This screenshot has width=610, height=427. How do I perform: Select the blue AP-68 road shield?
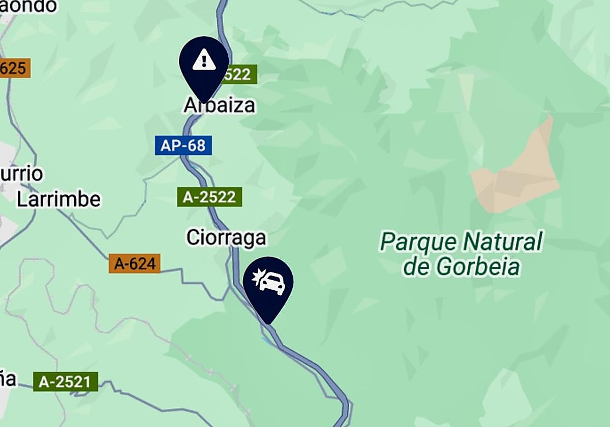(x=183, y=146)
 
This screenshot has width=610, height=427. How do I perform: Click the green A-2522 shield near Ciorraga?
(x=209, y=197)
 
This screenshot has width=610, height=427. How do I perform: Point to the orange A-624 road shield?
(x=134, y=264)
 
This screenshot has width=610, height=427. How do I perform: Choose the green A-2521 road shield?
(x=65, y=382)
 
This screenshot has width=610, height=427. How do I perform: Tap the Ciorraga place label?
(x=226, y=237)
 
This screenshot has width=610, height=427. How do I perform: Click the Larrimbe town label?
(x=58, y=199)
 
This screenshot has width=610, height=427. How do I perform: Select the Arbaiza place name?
(x=220, y=106)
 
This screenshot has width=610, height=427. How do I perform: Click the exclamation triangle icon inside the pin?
(x=204, y=59)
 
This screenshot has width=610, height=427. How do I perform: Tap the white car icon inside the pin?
(x=272, y=283)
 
